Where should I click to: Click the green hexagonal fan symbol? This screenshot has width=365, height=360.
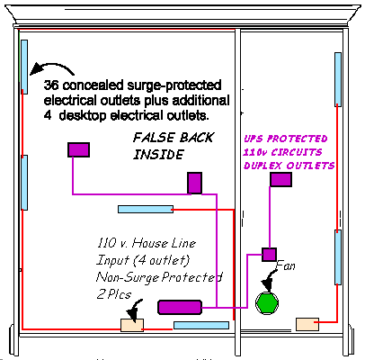coord(267,303)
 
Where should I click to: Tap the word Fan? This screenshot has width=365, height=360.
coord(285,265)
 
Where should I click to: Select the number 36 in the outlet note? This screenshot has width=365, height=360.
coord(51,85)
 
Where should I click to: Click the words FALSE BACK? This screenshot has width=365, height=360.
coord(174,138)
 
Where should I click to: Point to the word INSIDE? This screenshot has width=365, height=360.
coord(158,155)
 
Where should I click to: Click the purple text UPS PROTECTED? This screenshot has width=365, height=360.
coord(285,139)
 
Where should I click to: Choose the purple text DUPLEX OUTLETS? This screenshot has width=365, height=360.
coord(289,166)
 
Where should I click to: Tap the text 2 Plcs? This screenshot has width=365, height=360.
coord(114,294)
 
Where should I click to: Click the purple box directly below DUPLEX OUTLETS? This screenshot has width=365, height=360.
coord(280,179)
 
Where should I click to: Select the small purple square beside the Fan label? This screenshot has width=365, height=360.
coord(269,255)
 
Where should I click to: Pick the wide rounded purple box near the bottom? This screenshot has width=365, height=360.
coord(180,307)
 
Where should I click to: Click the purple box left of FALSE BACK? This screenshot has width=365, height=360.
coord(78,149)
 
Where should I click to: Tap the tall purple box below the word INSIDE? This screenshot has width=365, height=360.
coord(194,183)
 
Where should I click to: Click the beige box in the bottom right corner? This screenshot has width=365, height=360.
coord(307,324)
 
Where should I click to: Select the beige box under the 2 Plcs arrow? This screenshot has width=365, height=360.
coord(132,325)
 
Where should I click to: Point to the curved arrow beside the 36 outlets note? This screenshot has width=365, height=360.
coord(51,66)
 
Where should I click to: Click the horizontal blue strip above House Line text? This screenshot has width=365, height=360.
coord(146,209)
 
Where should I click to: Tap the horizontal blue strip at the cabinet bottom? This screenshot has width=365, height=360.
coord(201,325)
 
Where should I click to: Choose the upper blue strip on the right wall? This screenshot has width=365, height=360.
coord(338,79)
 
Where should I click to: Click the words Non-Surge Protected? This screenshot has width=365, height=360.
coord(159,277)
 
